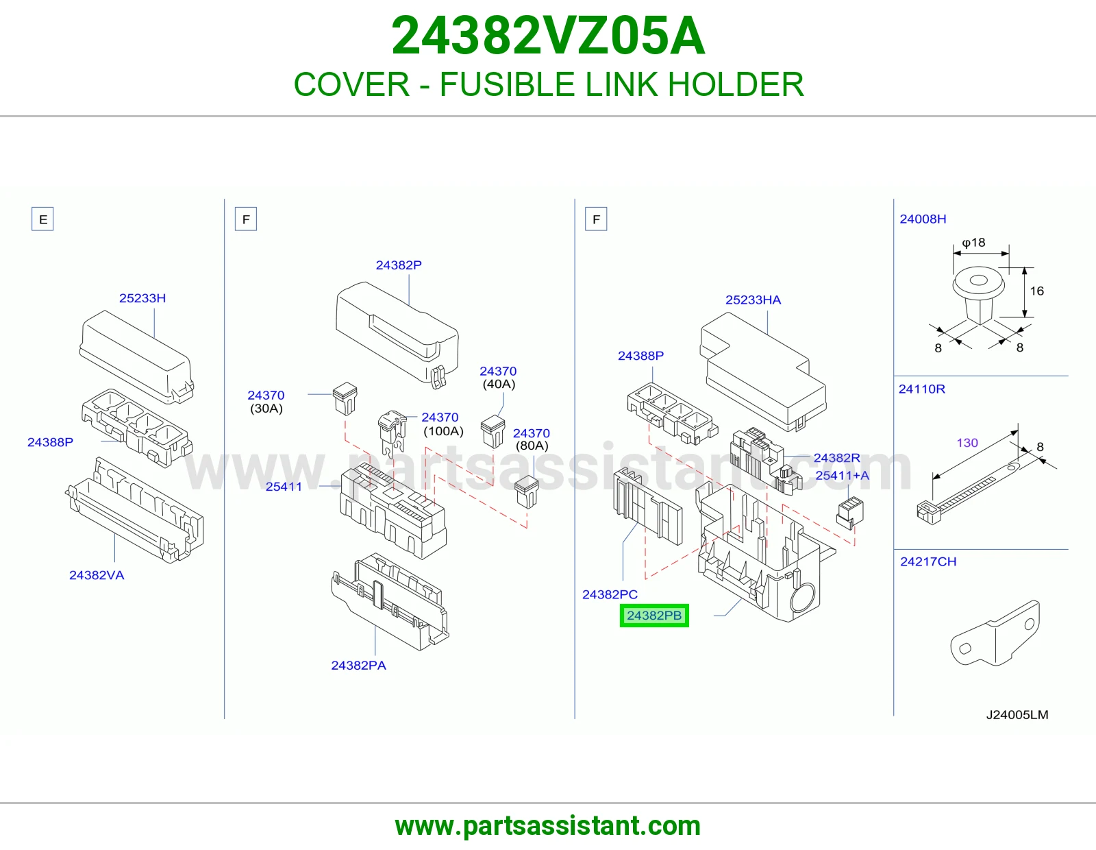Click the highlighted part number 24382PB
click(653, 616)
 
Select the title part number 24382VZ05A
click(548, 36)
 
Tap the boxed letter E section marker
click(43, 219)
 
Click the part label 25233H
click(142, 298)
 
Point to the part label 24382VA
click(97, 575)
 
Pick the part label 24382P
click(399, 265)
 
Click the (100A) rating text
click(443, 431)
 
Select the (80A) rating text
click(532, 446)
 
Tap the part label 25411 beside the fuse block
click(284, 487)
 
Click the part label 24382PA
click(359, 665)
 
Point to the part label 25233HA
click(753, 300)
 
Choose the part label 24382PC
click(610, 594)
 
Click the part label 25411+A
click(843, 476)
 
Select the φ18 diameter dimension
click(973, 243)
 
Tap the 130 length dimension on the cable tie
click(967, 443)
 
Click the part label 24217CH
click(928, 561)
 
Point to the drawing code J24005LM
click(1017, 715)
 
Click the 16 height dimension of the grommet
click(1036, 291)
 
